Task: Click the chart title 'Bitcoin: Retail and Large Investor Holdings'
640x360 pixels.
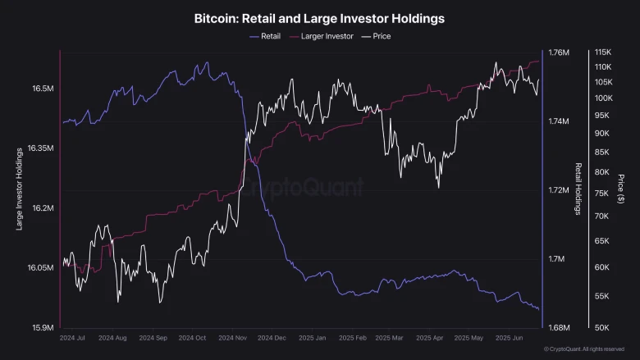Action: pyautogui.click(x=319, y=17)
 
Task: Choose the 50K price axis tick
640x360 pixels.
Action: pyautogui.click(x=602, y=328)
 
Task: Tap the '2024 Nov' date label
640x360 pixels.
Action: pyautogui.click(x=231, y=337)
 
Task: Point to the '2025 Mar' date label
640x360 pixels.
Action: pyautogui.click(x=391, y=337)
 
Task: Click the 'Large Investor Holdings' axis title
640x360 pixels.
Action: pyautogui.click(x=19, y=189)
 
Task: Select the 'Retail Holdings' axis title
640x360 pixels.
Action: pyautogui.click(x=578, y=189)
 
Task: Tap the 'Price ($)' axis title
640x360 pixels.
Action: pyautogui.click(x=621, y=189)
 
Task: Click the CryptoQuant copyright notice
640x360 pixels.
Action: pyautogui.click(x=584, y=349)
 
